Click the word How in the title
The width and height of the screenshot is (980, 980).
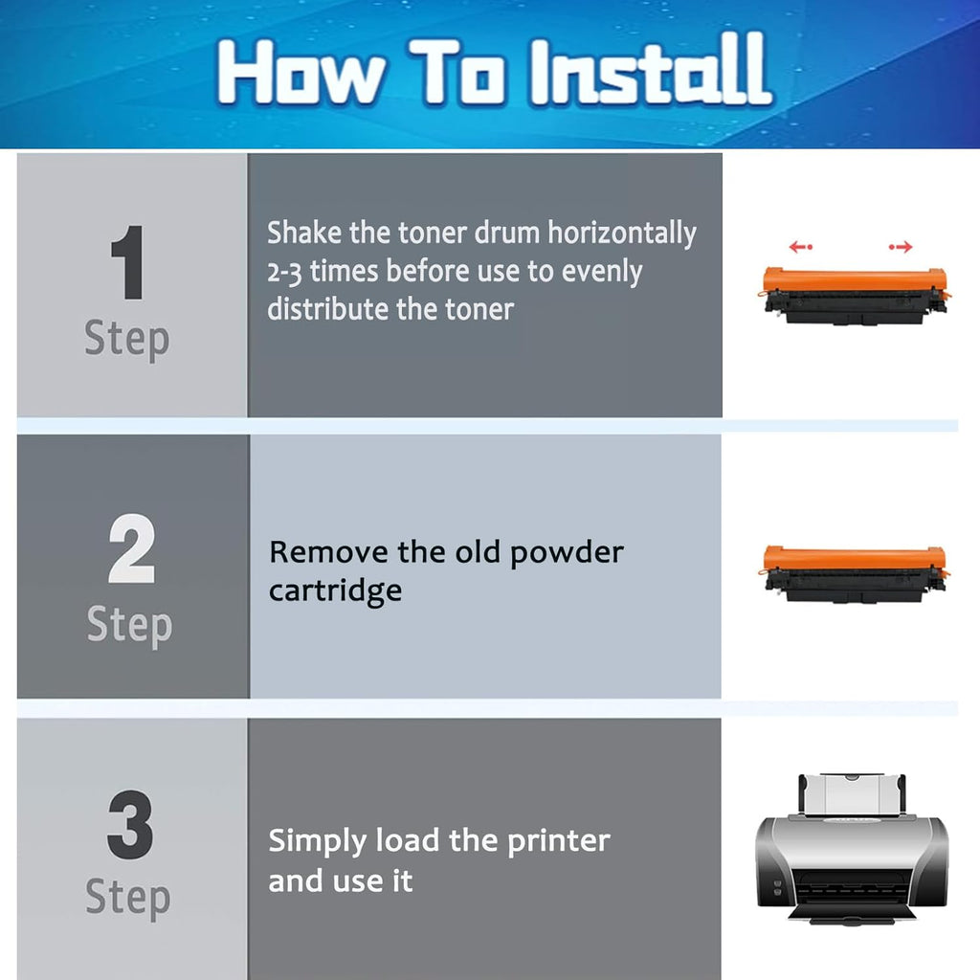(301, 72)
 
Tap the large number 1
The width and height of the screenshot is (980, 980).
(128, 262)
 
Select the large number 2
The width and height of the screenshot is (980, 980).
(131, 548)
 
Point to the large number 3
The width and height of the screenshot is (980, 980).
(130, 824)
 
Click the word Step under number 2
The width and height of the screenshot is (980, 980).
(129, 625)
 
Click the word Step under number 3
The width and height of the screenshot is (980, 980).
(128, 898)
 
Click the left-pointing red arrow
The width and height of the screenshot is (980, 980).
(801, 247)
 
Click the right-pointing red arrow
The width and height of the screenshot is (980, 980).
(901, 247)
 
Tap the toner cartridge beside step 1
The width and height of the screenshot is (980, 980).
(855, 295)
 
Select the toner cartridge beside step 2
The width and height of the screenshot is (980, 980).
(855, 574)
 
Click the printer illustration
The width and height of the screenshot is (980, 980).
(852, 848)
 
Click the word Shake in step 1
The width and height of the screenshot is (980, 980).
(304, 233)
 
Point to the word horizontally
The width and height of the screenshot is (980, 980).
(622, 234)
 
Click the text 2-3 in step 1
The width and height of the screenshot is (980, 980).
(284, 273)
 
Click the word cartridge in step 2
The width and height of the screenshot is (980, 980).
(335, 591)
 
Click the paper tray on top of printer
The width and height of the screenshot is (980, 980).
(852, 793)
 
